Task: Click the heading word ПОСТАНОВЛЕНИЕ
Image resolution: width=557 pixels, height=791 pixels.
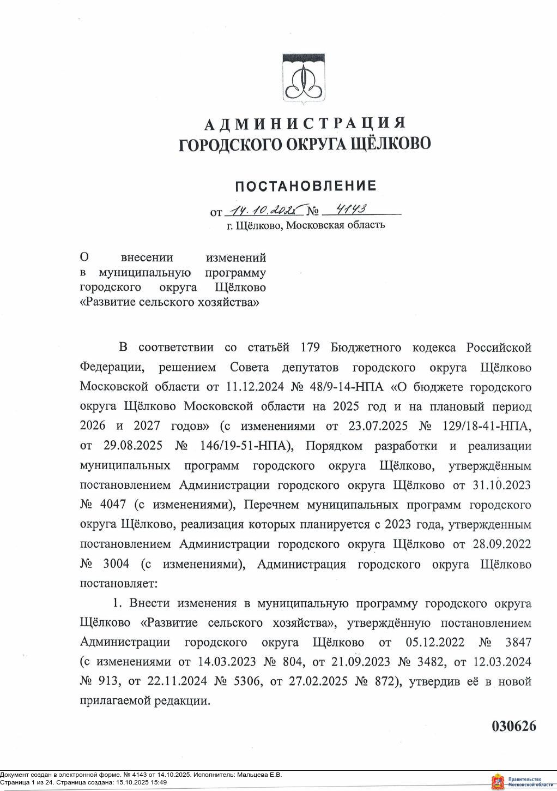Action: pyautogui.click(x=305, y=186)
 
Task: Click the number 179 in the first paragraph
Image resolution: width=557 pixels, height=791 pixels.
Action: pyautogui.click(x=311, y=347)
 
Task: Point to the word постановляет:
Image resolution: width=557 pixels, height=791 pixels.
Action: pyautogui.click(x=118, y=583)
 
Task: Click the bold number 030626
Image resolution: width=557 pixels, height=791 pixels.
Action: pyautogui.click(x=514, y=726)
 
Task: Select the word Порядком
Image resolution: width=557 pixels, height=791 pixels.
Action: pyautogui.click(x=334, y=446)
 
